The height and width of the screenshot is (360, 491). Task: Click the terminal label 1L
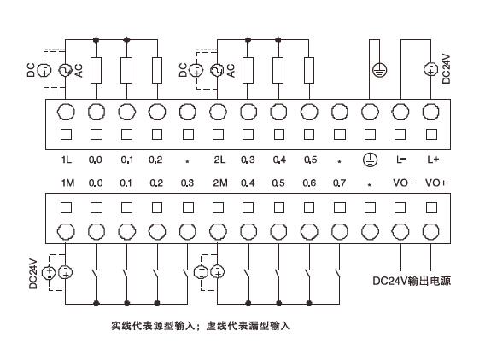(x=66, y=160)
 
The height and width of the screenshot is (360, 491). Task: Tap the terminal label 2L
(x=218, y=160)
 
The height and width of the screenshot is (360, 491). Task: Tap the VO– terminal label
(x=402, y=183)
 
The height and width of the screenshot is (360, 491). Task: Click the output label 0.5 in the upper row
(x=310, y=160)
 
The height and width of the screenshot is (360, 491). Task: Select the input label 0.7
(x=340, y=183)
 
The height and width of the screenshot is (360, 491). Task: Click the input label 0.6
(x=310, y=183)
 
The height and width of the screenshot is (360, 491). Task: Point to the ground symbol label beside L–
(x=370, y=160)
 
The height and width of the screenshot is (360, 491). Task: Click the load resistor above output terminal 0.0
(x=96, y=68)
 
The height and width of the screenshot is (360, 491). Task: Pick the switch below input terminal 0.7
(x=340, y=276)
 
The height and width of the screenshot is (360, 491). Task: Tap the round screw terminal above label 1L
(x=66, y=111)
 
